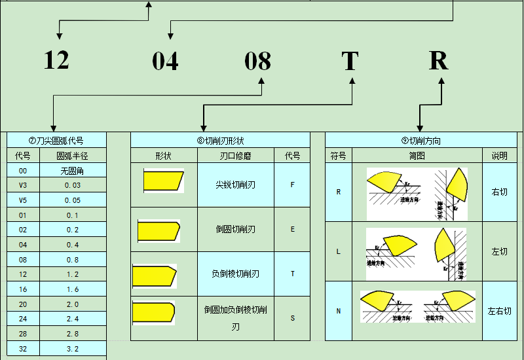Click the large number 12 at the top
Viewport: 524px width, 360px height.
(x=56, y=60)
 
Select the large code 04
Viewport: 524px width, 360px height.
(x=165, y=61)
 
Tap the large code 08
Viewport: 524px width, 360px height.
(x=257, y=61)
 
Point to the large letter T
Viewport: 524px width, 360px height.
(x=350, y=60)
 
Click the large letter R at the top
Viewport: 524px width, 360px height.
(x=438, y=60)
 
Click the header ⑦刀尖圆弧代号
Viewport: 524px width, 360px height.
(x=56, y=141)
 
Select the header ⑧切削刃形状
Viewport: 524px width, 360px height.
(x=220, y=141)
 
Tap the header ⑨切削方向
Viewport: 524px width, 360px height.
(x=421, y=141)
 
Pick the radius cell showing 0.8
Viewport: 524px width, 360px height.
(x=72, y=260)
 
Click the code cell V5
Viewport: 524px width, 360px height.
(x=23, y=200)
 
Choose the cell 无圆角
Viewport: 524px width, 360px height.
(x=72, y=171)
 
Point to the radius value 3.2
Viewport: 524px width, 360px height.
(x=72, y=349)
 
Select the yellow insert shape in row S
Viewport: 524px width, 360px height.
(x=153, y=312)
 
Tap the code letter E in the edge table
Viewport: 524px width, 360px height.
(x=292, y=229)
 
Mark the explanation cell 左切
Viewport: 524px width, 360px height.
(x=499, y=251)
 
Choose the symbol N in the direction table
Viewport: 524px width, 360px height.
(x=338, y=311)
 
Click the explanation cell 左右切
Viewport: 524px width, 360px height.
(x=499, y=311)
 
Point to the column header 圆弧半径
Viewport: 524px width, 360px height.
(x=72, y=156)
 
